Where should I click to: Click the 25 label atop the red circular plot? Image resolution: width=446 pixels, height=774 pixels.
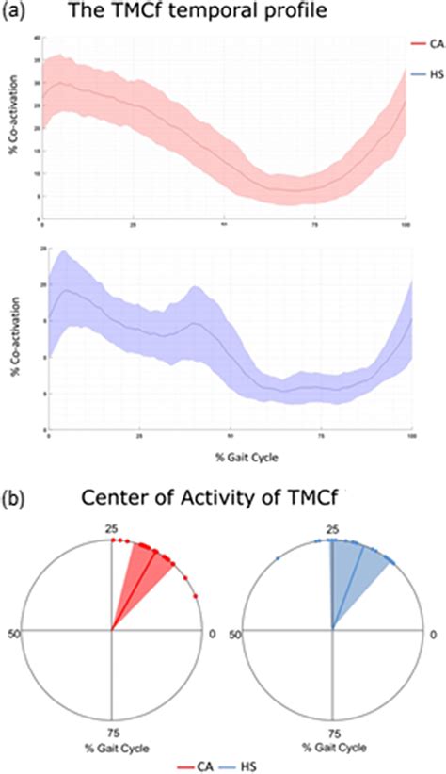click(111, 534)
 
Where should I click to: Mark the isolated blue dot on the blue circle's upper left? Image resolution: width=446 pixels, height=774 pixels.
click(279, 559)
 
